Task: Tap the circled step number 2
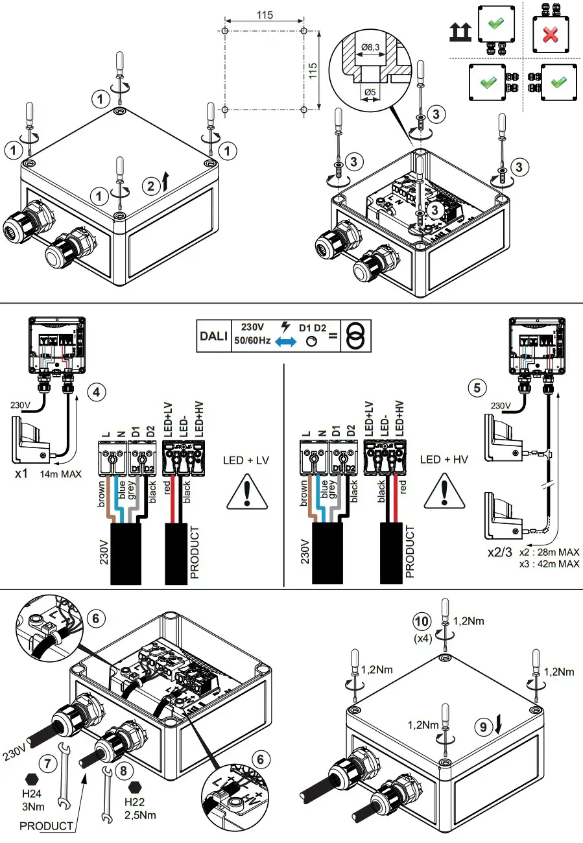pyautogui.click(x=150, y=186)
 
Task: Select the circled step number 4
pyautogui.click(x=96, y=392)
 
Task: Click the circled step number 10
pyautogui.click(x=422, y=621)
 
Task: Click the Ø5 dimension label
pyautogui.click(x=370, y=92)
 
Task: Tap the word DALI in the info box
pyautogui.click(x=213, y=336)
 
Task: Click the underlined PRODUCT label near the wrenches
pyautogui.click(x=46, y=826)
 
